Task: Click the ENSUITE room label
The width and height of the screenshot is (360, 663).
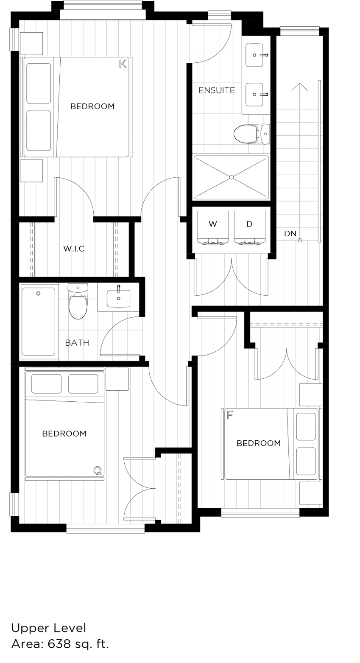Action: coord(217,90)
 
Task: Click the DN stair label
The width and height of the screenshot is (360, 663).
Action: coord(290,234)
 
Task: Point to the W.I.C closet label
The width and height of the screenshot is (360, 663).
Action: coord(74,249)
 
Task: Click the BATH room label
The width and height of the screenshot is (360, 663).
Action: coord(77,343)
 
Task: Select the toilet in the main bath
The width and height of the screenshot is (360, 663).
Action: coord(78,303)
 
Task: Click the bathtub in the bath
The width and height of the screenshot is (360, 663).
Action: coord(38,322)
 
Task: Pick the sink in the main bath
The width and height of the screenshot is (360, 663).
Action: coord(118,298)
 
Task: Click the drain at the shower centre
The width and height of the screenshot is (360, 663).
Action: coord(231,177)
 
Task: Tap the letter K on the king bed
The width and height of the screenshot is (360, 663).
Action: coord(123,64)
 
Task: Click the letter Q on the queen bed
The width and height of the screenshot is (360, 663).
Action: coord(98,470)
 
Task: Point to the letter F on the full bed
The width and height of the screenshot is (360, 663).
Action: coord(230,415)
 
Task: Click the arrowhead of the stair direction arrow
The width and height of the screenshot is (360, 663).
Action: coord(299,86)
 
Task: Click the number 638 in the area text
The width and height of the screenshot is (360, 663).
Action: coord(59,644)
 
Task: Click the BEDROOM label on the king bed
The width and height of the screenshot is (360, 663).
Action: coord(92,106)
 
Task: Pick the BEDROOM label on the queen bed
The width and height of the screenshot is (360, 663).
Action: coord(64,434)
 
